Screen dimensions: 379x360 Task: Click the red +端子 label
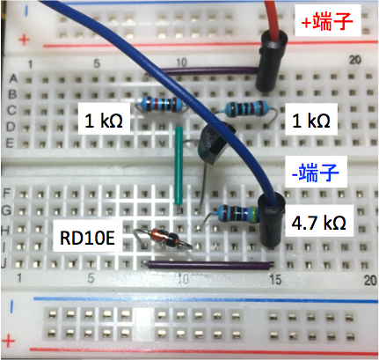pyautogui.click(x=327, y=21)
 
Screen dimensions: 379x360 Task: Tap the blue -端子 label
pyautogui.click(x=316, y=172)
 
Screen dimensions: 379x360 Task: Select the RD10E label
pyautogui.click(x=87, y=238)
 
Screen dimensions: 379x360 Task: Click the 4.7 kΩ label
pyautogui.click(x=319, y=222)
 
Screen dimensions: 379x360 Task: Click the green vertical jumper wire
pyautogui.click(x=179, y=165)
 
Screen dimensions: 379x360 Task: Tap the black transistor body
pyautogui.click(x=215, y=144)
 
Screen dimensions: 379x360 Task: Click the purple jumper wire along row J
pyautogui.click(x=209, y=265)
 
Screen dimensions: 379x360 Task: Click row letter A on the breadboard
pyautogui.click(x=13, y=78)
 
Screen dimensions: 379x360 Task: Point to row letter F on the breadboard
pyautogui.click(x=7, y=194)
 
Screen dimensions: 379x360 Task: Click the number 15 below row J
pyautogui.click(x=275, y=280)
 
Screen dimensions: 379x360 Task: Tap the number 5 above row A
pyautogui.click(x=97, y=63)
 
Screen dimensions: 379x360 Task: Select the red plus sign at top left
pyautogui.click(x=24, y=40)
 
